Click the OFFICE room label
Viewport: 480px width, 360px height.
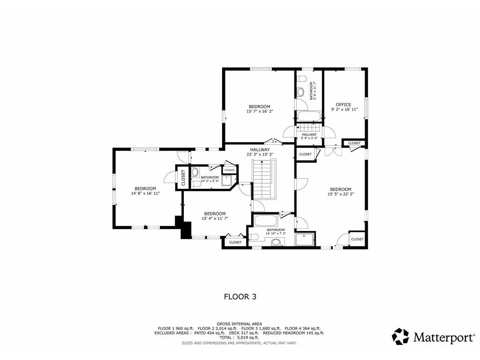344,105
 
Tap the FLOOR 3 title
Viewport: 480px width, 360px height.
240,297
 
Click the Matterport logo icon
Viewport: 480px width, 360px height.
400,337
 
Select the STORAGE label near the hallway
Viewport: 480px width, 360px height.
230,170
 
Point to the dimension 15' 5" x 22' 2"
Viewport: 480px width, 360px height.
341,194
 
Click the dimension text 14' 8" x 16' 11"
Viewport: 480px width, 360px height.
145,193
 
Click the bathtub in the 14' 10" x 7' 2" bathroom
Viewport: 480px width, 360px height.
266,221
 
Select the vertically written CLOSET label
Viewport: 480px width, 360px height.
183,178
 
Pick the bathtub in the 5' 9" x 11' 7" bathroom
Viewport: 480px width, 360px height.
309,117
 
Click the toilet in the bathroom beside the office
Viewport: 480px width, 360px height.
301,79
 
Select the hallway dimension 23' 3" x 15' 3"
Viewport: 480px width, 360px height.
260,154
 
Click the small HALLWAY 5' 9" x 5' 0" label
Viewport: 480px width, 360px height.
309,136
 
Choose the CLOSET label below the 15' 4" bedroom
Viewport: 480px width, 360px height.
235,242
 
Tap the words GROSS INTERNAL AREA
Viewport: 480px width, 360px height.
239,323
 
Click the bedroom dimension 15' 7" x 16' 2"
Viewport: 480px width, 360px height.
260,112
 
